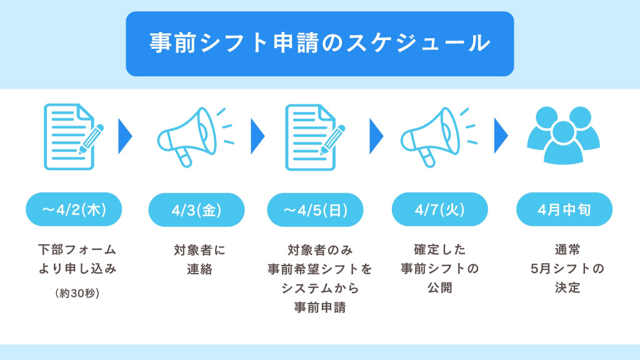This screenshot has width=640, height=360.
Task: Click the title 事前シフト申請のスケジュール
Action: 319,43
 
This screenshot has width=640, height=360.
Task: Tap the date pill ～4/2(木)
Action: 74,209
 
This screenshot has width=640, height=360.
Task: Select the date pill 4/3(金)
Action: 196,210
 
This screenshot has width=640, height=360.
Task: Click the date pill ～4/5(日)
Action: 315,210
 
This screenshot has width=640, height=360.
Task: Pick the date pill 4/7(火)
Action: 439,209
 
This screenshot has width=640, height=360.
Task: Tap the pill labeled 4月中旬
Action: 564,209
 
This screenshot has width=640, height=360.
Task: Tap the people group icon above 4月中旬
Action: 563,135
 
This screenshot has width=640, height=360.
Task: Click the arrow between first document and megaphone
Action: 125,136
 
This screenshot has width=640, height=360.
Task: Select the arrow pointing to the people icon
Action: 501,136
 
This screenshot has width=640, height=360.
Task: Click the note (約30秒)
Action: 77,293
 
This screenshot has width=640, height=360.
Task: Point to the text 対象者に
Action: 199,250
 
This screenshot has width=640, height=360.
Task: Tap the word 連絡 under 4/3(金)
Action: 199,269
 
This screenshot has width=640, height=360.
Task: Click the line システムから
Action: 320,288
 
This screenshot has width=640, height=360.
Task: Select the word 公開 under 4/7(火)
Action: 439,287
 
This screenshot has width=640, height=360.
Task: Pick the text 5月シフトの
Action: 567,269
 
